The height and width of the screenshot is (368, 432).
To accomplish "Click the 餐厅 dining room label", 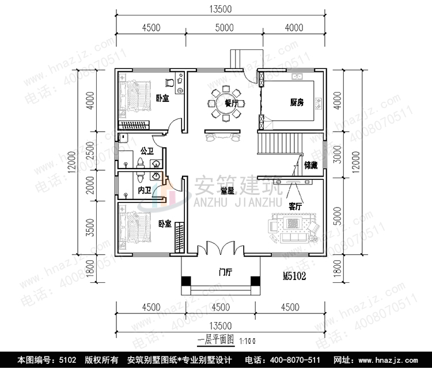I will pyautogui.click(x=232, y=103).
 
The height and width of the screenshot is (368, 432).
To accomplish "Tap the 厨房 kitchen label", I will pyautogui.click(x=297, y=103).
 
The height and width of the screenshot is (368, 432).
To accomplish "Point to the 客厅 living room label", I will pyautogui.click(x=296, y=206).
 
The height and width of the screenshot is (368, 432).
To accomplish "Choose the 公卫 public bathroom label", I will pyautogui.click(x=146, y=151).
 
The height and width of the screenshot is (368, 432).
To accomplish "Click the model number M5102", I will pyautogui.click(x=294, y=276).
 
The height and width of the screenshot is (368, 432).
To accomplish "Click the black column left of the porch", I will pyautogui.click(x=186, y=281).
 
